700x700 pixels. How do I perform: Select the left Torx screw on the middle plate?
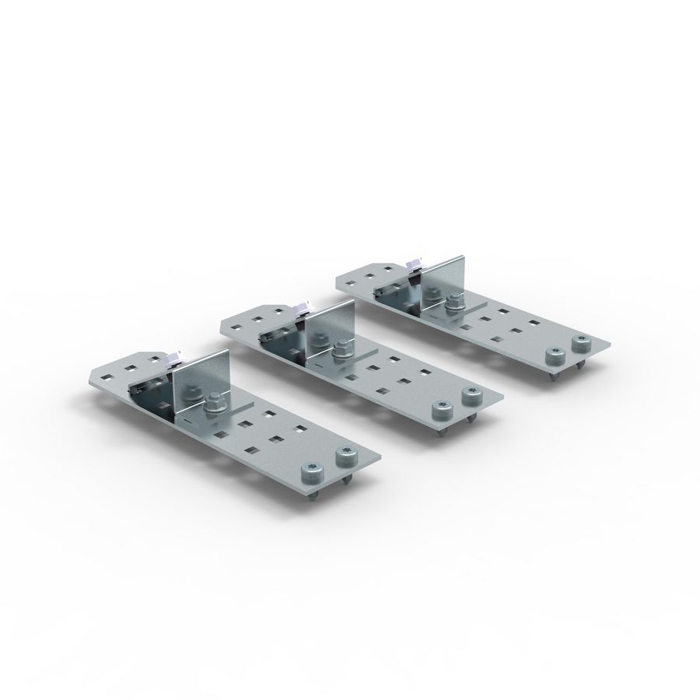tap(440, 409)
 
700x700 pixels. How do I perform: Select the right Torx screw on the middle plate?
tap(469, 395)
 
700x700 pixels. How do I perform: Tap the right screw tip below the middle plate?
tap(471, 418)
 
